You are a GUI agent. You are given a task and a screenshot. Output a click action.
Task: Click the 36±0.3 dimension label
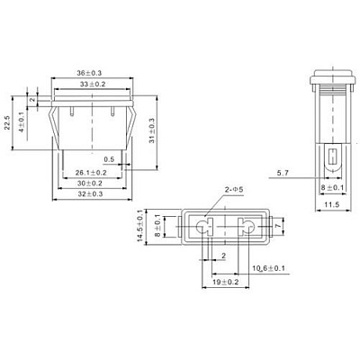tap(89, 73)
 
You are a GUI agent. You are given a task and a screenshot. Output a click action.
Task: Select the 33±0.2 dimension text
tap(93, 85)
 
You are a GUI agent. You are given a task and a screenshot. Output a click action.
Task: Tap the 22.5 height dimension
tap(7, 122)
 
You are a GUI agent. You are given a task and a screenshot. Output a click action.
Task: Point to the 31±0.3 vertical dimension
tap(152, 130)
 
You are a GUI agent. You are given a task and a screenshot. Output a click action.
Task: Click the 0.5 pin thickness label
tap(109, 159)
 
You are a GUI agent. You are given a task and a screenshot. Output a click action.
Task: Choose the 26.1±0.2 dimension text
tap(91, 173)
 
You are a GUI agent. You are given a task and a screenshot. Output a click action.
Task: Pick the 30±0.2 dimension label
tap(90, 184)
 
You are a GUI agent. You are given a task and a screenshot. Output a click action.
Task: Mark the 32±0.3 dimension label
tap(90, 194)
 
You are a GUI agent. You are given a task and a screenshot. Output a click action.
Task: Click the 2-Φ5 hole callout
tap(234, 190)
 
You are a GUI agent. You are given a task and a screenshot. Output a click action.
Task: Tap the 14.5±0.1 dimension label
tap(139, 226)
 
